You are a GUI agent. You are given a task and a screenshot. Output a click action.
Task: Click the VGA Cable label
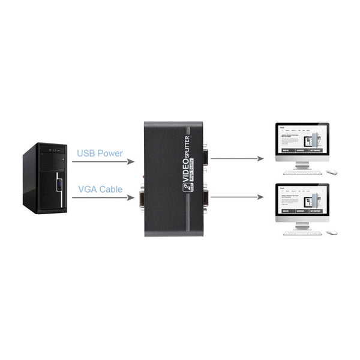(x=100, y=189)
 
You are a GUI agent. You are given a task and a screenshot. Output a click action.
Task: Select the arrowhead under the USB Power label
(x=131, y=160)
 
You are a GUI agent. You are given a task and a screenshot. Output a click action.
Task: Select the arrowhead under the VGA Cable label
(x=131, y=197)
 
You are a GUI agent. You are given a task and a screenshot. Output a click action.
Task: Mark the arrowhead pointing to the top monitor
(x=261, y=160)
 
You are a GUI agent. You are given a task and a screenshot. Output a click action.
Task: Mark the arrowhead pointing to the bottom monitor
(x=261, y=196)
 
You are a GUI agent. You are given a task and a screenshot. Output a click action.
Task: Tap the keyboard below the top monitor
(x=302, y=172)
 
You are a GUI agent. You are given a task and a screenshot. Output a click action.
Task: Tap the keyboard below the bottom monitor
(x=302, y=233)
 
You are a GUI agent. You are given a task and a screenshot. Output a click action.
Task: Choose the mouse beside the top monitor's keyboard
(x=332, y=172)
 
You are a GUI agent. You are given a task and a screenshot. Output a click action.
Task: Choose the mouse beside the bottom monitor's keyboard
(x=332, y=233)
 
